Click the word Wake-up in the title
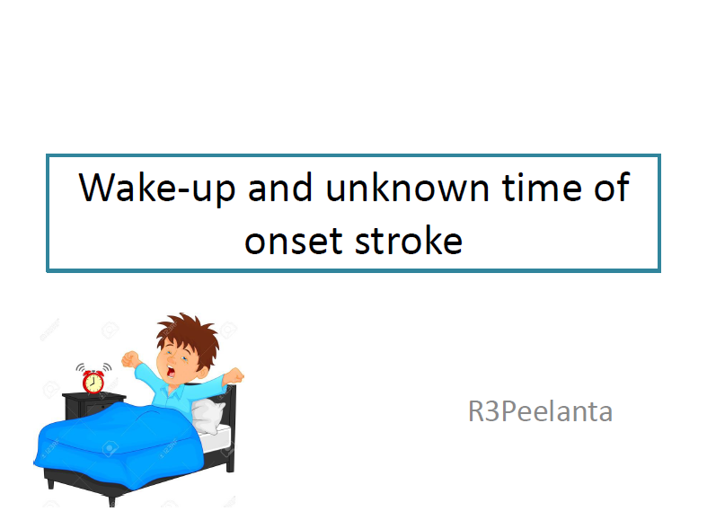[157, 188]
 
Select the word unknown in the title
[407, 187]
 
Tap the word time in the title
[542, 187]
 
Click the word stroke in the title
[409, 239]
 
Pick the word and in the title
[280, 187]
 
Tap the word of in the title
[612, 187]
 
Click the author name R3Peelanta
[540, 411]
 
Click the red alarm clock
[93, 378]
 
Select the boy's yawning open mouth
[172, 371]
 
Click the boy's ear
[204, 371]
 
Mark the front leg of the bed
[111, 500]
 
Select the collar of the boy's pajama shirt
[176, 391]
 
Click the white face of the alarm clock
[93, 383]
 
